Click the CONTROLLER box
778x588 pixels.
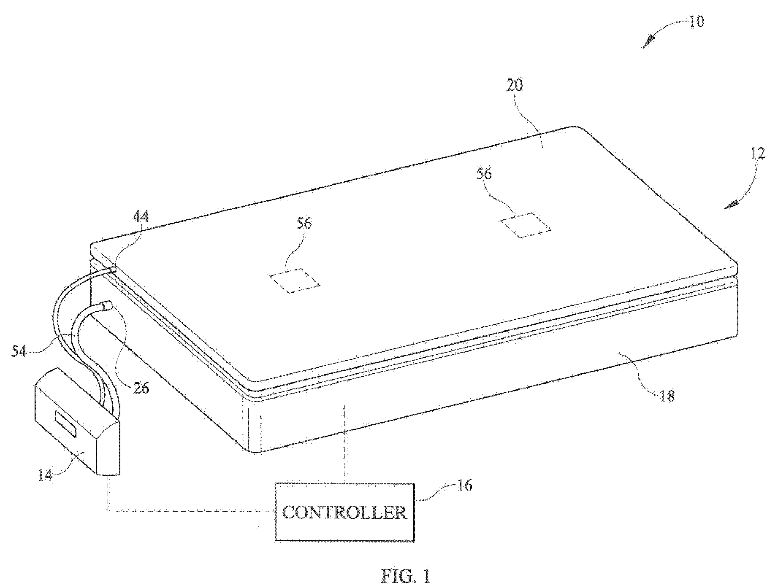(x=344, y=512)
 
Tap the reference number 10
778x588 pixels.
(x=697, y=21)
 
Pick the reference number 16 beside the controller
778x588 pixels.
(x=464, y=485)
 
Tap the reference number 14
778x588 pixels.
(x=45, y=475)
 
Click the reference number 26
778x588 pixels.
(x=141, y=387)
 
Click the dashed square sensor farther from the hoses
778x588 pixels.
(x=525, y=225)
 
